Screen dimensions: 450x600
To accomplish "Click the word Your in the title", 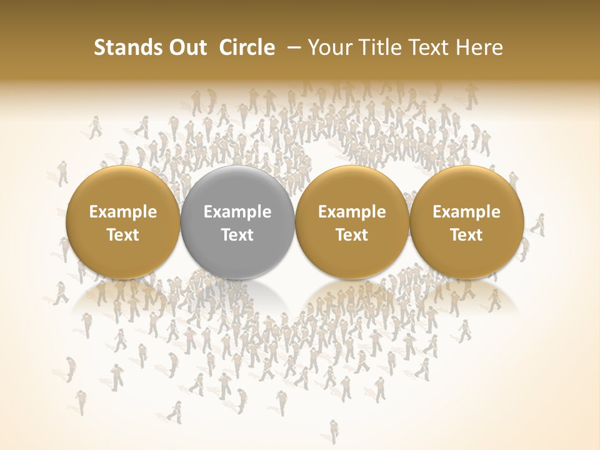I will (x=328, y=47).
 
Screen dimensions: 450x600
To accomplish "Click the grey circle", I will (x=237, y=222).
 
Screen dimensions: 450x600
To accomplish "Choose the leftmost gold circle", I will (x=122, y=222).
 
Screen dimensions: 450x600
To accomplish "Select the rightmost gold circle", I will (x=466, y=222).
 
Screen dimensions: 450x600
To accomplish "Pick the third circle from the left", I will (x=352, y=222).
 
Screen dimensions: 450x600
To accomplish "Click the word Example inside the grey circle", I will (x=237, y=212).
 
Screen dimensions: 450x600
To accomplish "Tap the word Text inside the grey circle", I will (x=237, y=235).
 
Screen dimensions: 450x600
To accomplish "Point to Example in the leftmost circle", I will (x=123, y=212).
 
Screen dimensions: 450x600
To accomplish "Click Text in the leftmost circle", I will (x=123, y=235).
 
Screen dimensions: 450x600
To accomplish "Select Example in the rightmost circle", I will (x=466, y=212).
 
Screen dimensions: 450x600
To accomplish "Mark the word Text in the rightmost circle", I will (x=466, y=235).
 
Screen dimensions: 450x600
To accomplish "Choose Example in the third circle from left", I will (x=352, y=212).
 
